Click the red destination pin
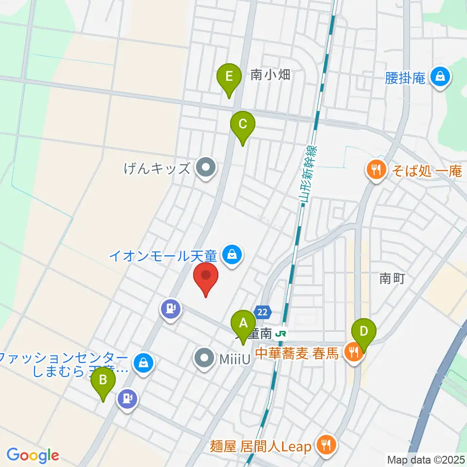206,278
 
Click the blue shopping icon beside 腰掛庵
440,77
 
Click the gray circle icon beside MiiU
204,359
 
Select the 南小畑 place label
270,75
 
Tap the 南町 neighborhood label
392,278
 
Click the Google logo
32,455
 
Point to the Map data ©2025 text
426,459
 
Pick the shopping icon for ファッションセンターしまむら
144,362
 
